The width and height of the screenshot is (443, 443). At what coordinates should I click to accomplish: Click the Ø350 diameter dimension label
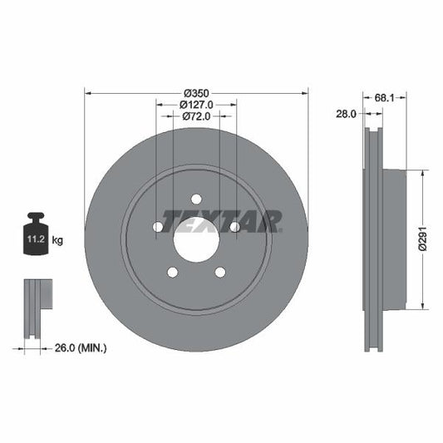(196, 92)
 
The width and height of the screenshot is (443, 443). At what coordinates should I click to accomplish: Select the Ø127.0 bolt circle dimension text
(197, 105)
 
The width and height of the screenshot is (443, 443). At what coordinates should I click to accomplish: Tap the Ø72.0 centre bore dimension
(197, 117)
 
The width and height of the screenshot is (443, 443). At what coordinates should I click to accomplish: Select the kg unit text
(57, 240)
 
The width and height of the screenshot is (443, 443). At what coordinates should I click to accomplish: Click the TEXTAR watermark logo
(222, 221)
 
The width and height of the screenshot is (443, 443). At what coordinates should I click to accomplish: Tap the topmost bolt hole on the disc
(196, 199)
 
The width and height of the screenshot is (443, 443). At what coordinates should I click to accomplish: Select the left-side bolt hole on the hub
(157, 227)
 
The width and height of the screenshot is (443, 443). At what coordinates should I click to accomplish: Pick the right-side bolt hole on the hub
(235, 227)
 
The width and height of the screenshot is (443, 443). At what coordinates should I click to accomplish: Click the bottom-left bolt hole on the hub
(172, 273)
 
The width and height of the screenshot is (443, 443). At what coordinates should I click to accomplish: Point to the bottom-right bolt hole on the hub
(220, 273)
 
